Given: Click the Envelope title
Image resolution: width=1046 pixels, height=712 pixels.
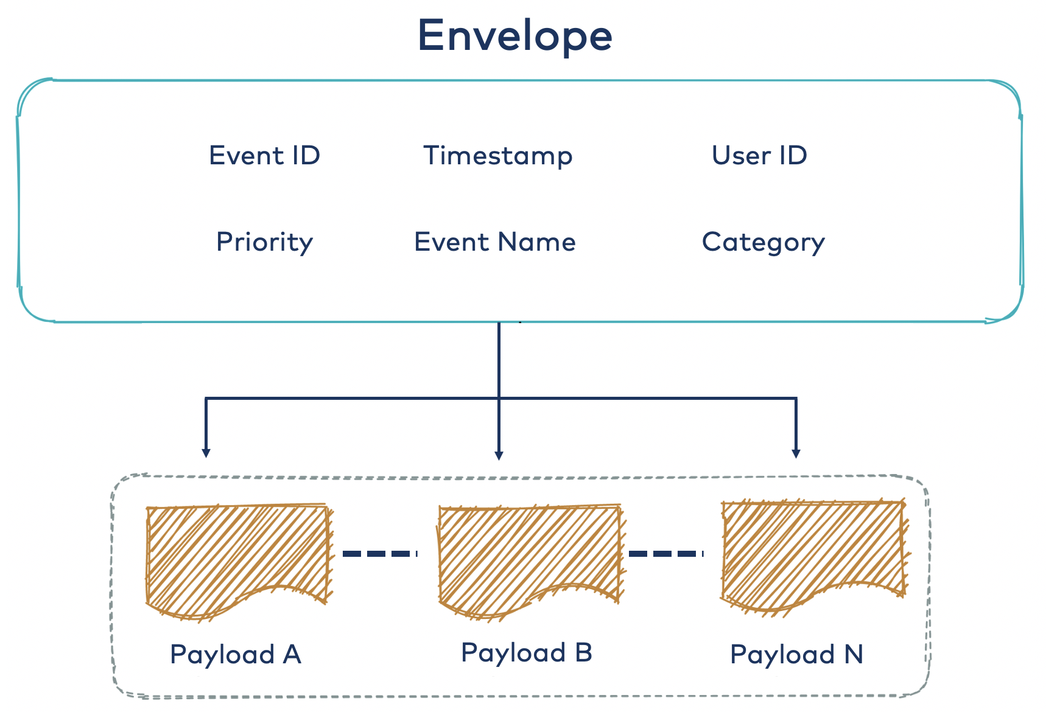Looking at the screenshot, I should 514,35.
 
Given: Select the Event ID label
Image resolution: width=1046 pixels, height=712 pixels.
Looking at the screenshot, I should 264,156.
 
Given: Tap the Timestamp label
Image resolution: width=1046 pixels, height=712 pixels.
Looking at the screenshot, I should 497,156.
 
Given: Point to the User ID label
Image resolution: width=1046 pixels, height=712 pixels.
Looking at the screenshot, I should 759,156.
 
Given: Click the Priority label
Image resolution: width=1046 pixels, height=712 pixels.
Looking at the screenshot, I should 264,242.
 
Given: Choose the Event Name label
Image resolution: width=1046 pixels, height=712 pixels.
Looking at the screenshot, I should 494,242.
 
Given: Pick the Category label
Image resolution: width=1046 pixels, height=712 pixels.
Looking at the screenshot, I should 763,242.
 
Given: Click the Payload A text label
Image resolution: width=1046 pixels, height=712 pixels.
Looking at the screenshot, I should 236,655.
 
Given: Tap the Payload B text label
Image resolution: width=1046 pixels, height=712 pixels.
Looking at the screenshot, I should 527,653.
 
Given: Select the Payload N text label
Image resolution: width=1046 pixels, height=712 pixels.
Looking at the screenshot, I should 796,655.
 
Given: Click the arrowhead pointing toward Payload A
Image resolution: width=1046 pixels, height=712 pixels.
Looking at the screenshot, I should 206,453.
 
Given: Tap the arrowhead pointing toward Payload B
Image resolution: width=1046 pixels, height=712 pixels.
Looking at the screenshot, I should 499,455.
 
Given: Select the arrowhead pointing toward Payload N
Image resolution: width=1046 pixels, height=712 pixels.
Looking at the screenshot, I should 796,453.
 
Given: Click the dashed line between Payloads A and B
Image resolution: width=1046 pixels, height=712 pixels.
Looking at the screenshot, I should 379,553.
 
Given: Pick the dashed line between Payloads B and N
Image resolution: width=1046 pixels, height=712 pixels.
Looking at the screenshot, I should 665,553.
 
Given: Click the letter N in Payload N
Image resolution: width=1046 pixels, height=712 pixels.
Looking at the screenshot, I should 854,655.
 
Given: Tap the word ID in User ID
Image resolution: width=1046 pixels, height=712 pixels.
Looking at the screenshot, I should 793,156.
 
